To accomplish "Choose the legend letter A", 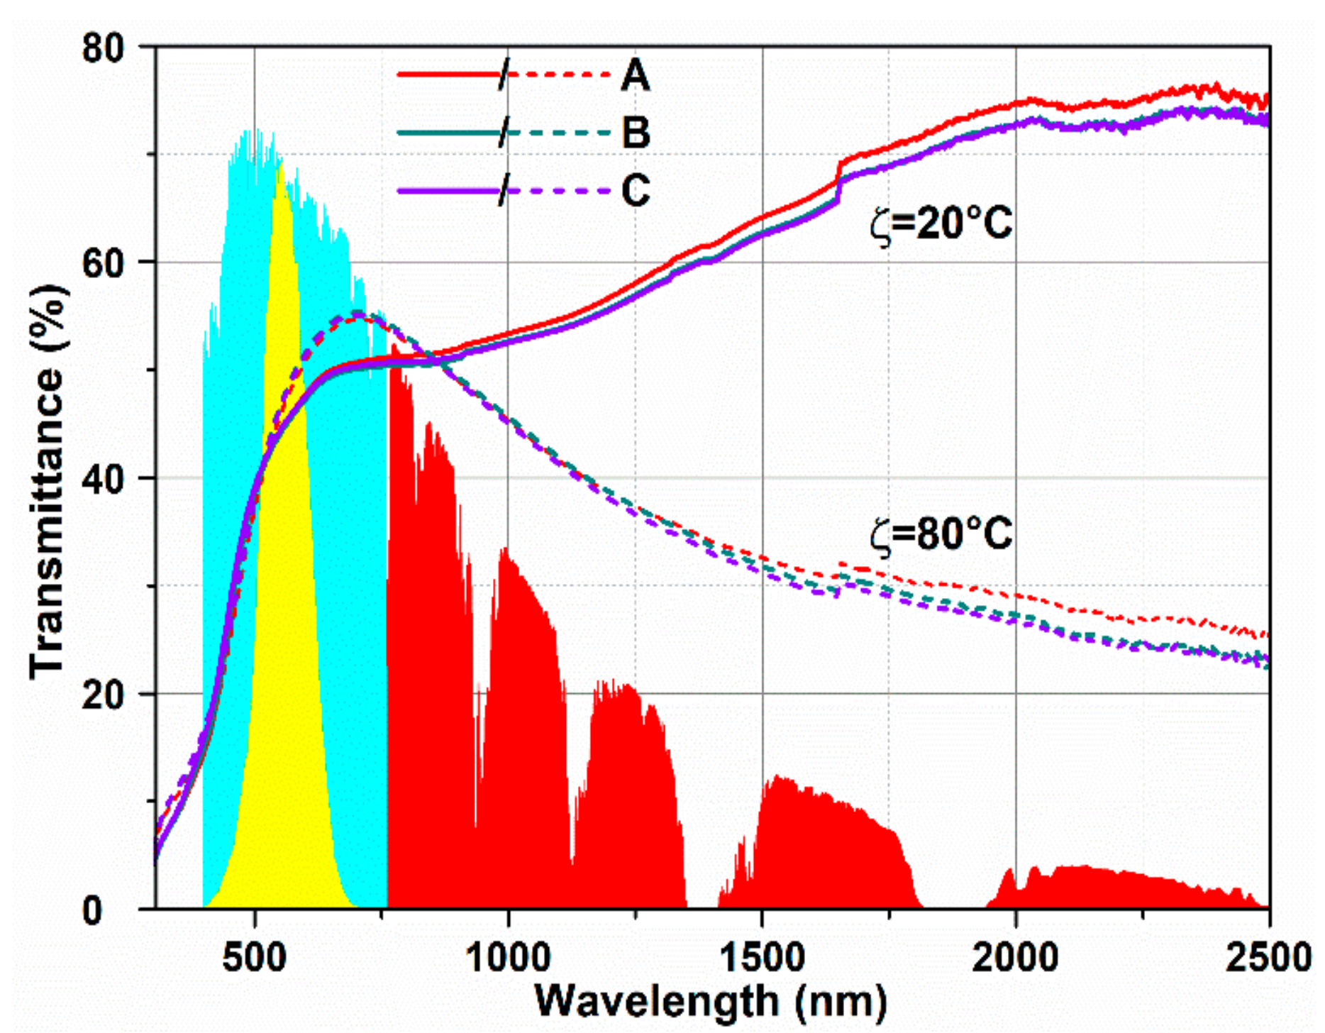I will pyautogui.click(x=635, y=75).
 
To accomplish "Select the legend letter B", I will pyautogui.click(x=636, y=133).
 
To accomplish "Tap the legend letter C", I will pyautogui.click(x=636, y=191).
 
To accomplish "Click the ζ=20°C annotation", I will pyautogui.click(x=941, y=223).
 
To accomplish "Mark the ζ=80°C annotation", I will pyautogui.click(x=941, y=534).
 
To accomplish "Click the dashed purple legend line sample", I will pyautogui.click(x=560, y=191).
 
